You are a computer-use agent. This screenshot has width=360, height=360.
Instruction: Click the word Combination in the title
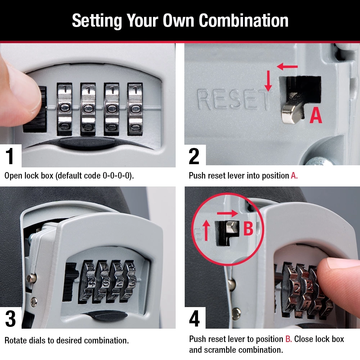click(x=244, y=21)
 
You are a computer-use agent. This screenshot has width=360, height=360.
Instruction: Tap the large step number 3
click(x=10, y=318)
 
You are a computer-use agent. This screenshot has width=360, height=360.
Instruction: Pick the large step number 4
click(x=194, y=318)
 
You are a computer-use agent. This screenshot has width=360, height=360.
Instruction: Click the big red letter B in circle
click(x=248, y=229)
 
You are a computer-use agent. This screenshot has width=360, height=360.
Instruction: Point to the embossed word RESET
click(x=233, y=100)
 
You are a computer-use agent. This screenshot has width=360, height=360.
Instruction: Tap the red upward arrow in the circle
click(x=206, y=230)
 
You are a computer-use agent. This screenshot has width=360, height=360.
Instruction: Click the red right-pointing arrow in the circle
click(x=227, y=213)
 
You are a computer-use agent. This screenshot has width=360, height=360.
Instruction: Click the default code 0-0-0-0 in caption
click(x=117, y=176)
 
